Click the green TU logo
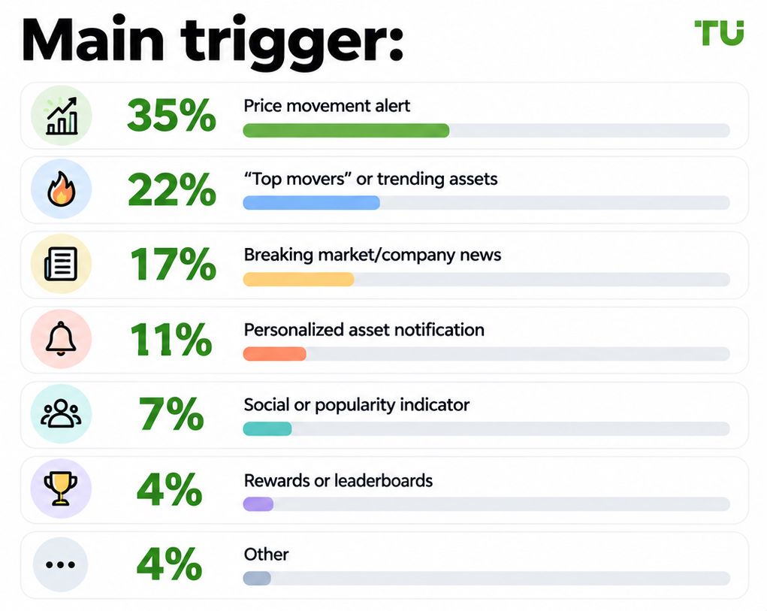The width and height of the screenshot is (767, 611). pos(719,32)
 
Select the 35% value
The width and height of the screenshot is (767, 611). pos(171,116)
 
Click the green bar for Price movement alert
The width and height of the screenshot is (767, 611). pos(346,131)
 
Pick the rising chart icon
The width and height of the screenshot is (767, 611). pos(62,116)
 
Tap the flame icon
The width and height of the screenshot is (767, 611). pos(61,189)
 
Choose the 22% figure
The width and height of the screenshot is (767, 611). pos(171,190)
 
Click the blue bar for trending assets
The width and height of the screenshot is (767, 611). pos(311,202)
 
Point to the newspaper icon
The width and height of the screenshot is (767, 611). pos(61,264)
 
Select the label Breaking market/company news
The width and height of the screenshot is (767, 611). pos(373,255)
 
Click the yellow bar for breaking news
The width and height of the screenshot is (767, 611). pos(298,279)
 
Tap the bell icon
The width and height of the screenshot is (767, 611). pos(61,338)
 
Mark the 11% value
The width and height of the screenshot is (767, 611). pos(171,339)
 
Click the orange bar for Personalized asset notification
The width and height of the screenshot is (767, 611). pos(274,354)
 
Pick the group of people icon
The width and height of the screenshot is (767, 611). pos(61,414)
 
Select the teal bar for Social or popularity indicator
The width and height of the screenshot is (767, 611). pos(267,429)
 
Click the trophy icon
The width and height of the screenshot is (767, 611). pos(61,488)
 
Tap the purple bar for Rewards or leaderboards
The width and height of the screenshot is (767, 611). pos(258,504)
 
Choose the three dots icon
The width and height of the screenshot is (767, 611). pos(60,565)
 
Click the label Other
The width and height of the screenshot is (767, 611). pos(266,554)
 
